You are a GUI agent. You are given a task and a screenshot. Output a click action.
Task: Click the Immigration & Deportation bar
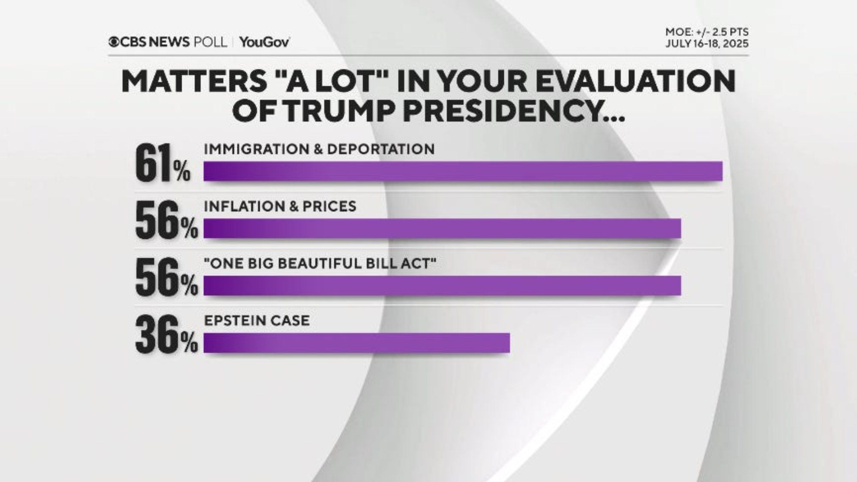tap(463, 171)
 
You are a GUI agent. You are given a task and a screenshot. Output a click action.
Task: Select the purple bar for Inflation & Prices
tap(441, 228)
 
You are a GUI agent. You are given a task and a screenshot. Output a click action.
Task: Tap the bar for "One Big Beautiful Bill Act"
tap(441, 286)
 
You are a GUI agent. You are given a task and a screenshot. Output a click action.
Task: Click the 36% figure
tap(166, 335)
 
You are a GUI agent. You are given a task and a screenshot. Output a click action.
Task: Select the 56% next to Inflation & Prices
tap(166, 221)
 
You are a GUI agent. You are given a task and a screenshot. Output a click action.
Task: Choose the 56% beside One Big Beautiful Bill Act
tap(166, 278)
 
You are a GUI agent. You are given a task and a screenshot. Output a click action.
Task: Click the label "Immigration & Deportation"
tap(319, 149)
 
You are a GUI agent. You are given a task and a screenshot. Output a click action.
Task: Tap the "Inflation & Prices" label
tap(280, 207)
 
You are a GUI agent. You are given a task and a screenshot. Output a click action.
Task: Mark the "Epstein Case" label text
tap(257, 320)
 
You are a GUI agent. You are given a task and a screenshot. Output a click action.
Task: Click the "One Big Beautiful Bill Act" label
tap(320, 263)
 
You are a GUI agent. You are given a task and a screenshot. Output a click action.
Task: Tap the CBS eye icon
tap(114, 42)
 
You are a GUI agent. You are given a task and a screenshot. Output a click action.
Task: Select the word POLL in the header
tap(210, 42)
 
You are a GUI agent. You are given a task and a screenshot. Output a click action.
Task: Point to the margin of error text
tap(707, 32)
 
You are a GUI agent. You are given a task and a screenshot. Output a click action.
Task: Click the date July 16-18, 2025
tap(707, 44)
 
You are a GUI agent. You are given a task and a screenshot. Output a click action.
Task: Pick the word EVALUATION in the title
tap(635, 81)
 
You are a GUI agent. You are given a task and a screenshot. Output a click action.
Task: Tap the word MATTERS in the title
tap(194, 81)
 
